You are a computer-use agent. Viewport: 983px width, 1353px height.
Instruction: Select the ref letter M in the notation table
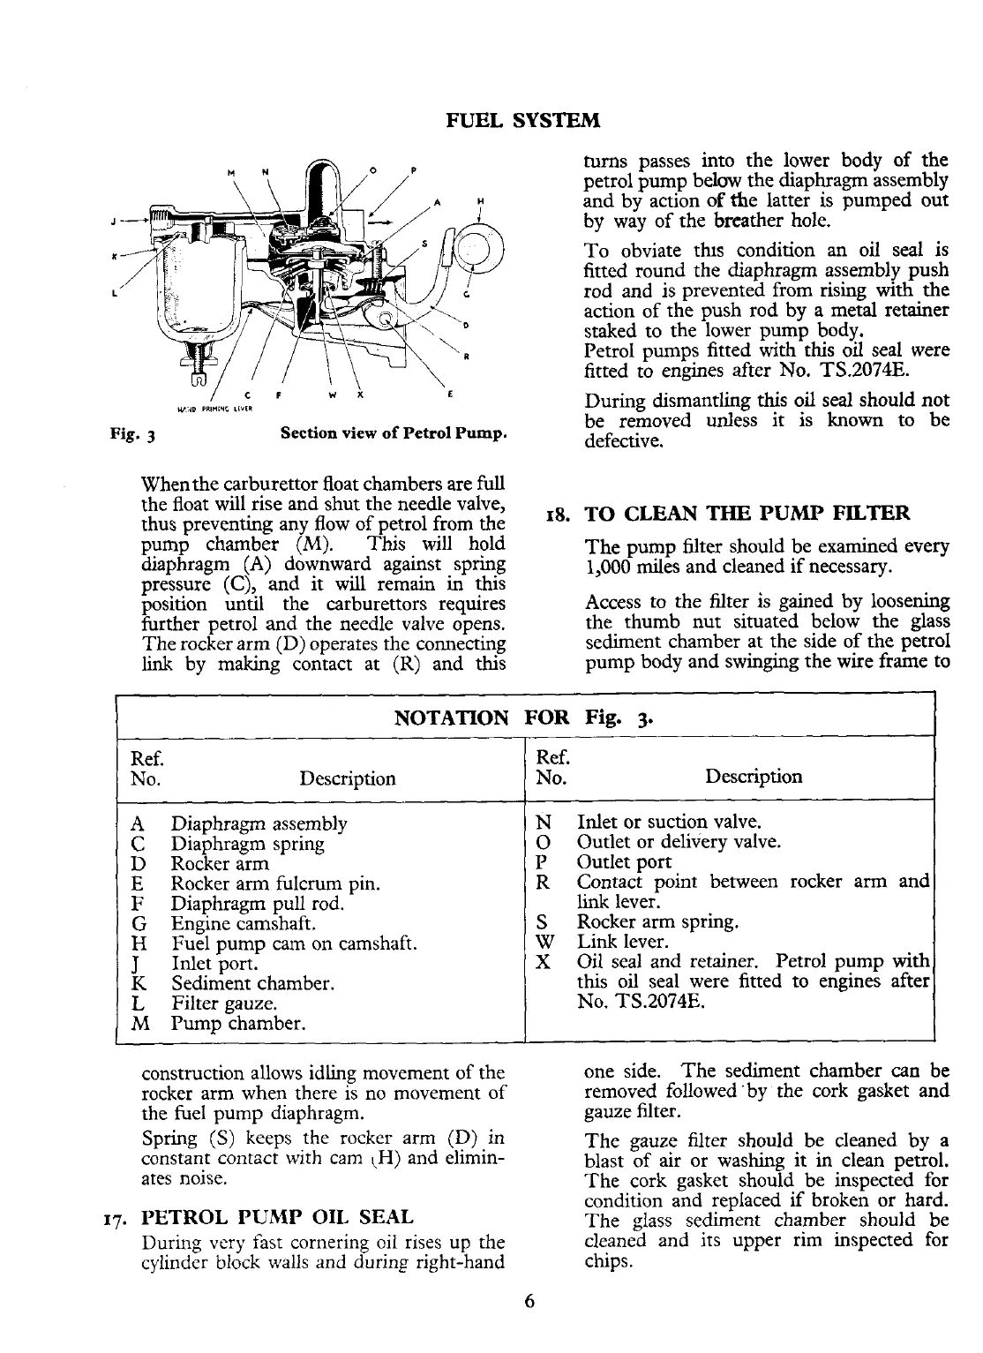[138, 1024]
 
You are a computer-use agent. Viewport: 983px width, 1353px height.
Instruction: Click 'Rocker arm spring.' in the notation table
[657, 922]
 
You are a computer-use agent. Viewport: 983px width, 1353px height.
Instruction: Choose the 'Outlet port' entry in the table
[624, 862]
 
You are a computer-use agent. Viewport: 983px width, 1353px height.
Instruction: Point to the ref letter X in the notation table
[544, 961]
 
